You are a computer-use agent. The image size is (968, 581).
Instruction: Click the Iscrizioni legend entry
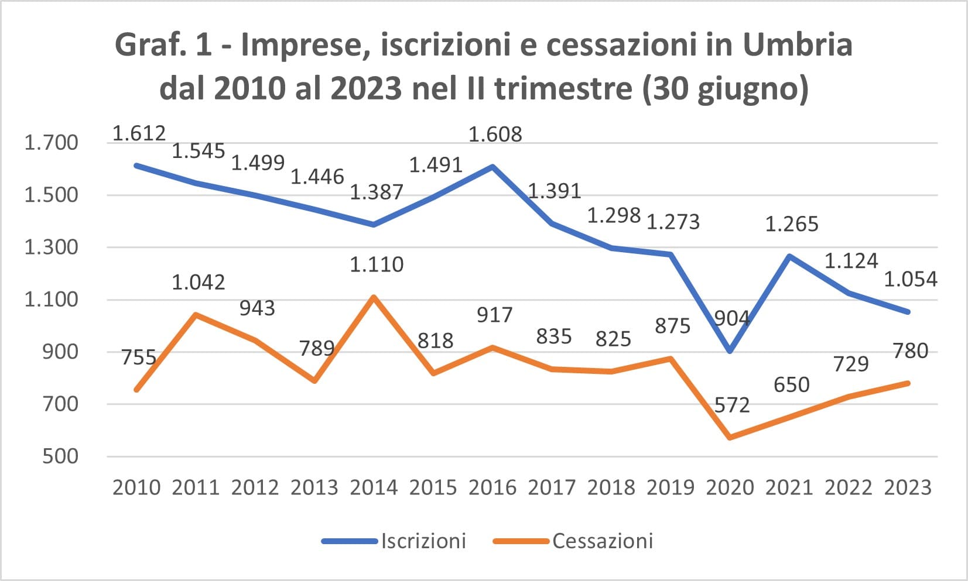(394, 541)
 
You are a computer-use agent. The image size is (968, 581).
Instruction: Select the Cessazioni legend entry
(573, 541)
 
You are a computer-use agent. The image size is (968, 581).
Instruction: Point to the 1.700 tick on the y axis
(51, 143)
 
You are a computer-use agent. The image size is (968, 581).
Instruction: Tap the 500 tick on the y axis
(60, 456)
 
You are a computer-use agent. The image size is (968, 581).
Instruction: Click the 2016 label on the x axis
(492, 488)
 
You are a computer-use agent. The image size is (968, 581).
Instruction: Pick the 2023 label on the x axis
(908, 488)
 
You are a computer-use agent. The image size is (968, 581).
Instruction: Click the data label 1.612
(139, 133)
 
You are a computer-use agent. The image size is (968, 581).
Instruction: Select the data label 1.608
(495, 135)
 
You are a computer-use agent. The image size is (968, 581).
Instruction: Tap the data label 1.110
(377, 264)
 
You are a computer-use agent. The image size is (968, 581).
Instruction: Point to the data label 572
(732, 405)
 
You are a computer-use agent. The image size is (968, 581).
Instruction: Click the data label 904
(731, 318)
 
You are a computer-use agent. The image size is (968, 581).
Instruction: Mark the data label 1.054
(911, 279)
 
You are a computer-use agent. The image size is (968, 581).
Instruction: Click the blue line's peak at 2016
(492, 166)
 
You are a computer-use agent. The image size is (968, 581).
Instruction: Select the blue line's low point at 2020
(730, 351)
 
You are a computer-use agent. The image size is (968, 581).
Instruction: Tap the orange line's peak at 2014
(374, 297)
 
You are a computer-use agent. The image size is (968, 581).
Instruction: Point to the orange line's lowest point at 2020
(730, 438)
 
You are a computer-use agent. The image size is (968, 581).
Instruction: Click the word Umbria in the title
(798, 45)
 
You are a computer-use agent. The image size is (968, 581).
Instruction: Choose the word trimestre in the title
(563, 88)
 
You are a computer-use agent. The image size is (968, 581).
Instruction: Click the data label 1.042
(199, 283)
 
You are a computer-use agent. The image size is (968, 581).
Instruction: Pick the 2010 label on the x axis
(136, 488)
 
